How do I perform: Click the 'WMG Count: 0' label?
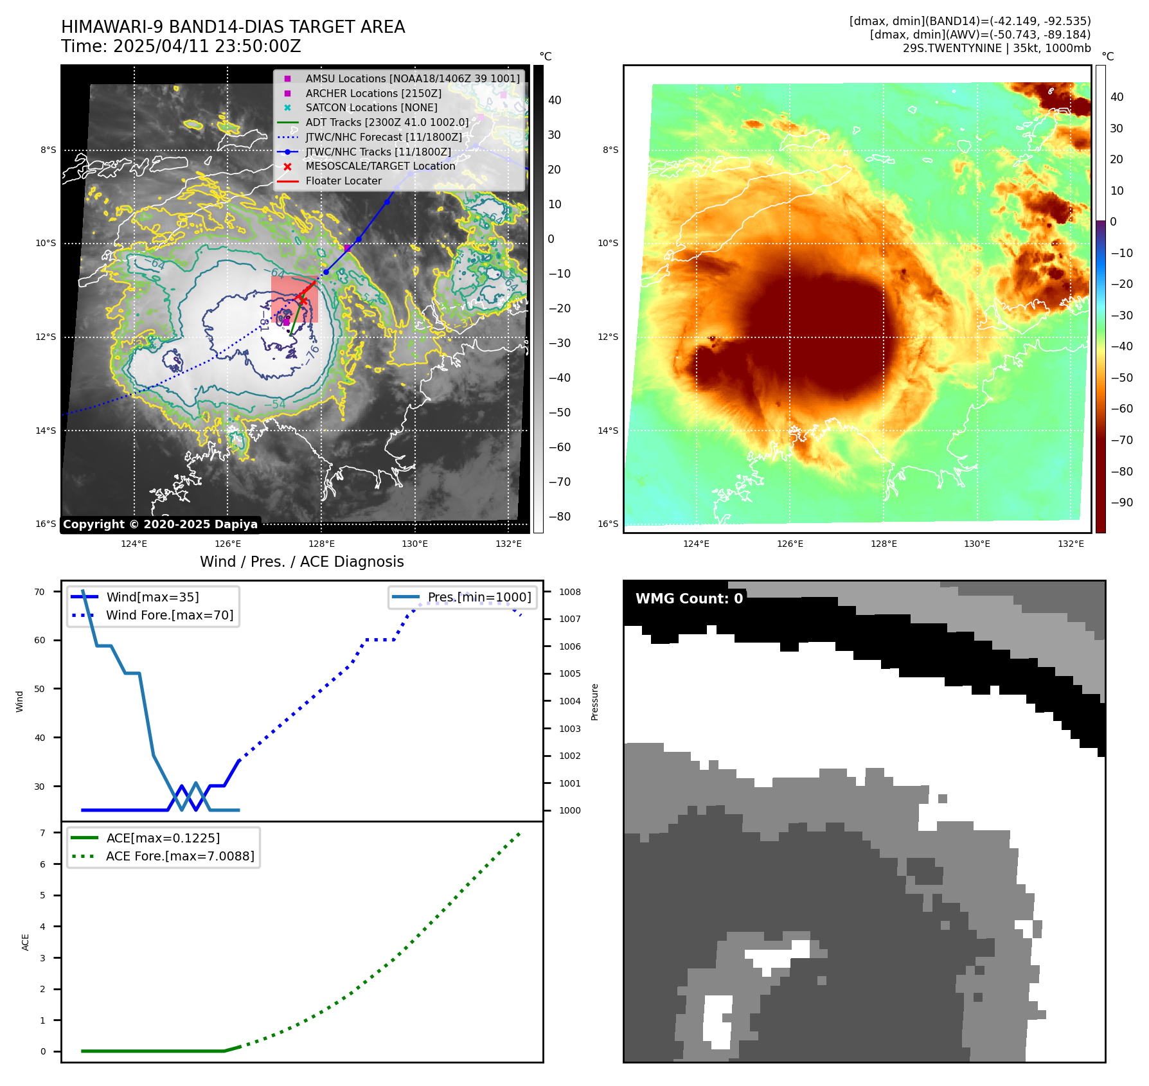click(x=689, y=599)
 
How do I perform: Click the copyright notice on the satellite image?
click(x=160, y=524)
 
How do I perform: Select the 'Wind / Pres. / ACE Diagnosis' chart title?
click(x=301, y=562)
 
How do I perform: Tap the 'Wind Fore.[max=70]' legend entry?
click(x=170, y=615)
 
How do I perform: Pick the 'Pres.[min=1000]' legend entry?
click(x=479, y=597)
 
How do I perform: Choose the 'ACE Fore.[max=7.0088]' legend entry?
click(x=180, y=856)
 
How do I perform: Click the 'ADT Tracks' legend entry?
click(x=387, y=122)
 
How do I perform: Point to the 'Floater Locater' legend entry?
click(x=343, y=181)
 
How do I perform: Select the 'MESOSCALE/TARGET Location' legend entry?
click(x=380, y=166)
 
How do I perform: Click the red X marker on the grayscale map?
click(x=301, y=299)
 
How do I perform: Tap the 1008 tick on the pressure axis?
click(x=569, y=592)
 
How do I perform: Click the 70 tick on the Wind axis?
click(x=40, y=592)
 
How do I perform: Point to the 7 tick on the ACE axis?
click(x=42, y=833)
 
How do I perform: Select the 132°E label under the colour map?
click(x=1071, y=544)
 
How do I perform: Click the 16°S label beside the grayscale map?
click(x=46, y=524)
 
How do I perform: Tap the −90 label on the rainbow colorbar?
click(x=1121, y=503)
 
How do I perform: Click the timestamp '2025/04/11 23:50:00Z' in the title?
click(x=207, y=46)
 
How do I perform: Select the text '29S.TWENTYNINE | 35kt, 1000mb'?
click(x=997, y=48)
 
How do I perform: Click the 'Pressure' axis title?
click(x=594, y=702)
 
